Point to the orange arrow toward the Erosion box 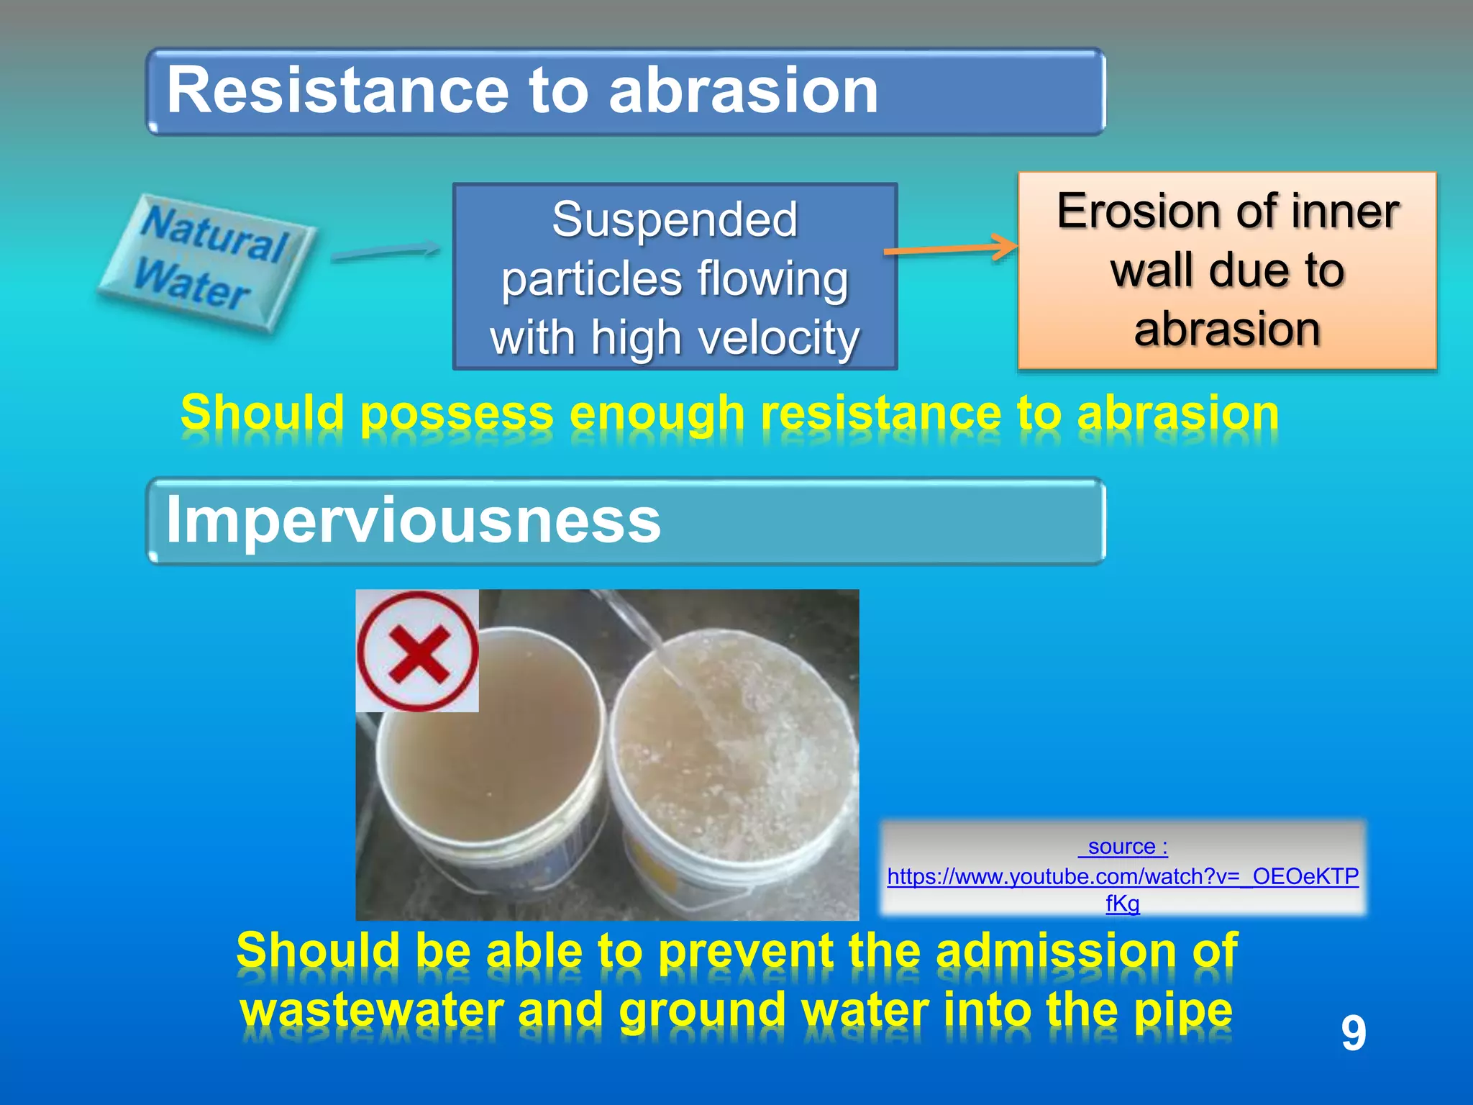click(x=949, y=248)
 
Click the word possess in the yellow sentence click(x=457, y=414)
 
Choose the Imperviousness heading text click(x=413, y=519)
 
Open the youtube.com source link click(x=1122, y=876)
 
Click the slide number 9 click(x=1353, y=1033)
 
